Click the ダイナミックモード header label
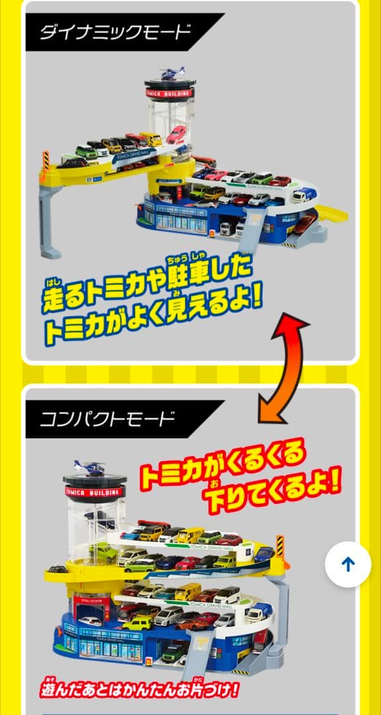click(116, 32)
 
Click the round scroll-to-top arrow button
click(349, 564)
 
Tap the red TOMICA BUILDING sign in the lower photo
click(95, 491)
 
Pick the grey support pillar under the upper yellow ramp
click(50, 218)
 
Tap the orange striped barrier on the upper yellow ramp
click(46, 160)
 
